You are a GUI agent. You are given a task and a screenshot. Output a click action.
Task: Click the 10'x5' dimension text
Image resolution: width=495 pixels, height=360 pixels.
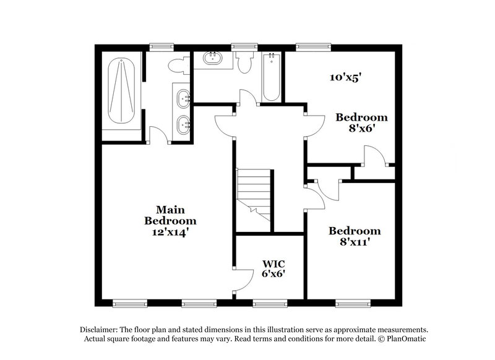tap(344, 77)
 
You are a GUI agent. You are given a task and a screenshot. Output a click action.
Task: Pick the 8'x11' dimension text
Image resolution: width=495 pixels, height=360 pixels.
tap(355, 243)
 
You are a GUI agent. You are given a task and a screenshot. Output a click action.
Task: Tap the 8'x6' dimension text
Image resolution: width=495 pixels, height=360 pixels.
tap(361, 129)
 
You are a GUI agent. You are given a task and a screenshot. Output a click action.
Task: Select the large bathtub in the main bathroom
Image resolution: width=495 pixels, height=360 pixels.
tap(121, 93)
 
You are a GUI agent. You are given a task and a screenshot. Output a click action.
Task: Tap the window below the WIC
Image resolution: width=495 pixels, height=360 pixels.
tap(270, 303)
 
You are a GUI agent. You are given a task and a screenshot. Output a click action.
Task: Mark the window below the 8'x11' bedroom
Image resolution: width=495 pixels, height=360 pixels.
tap(353, 303)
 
